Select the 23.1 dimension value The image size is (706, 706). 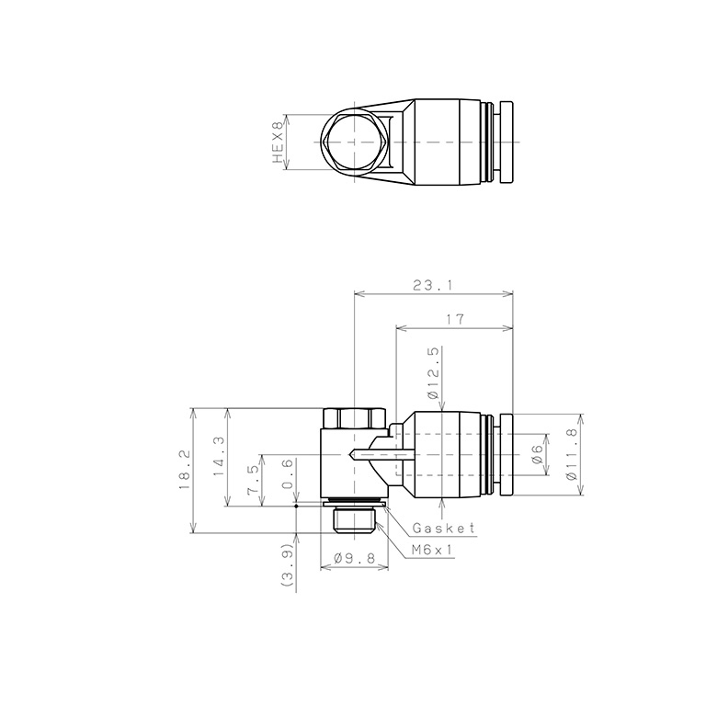[x=433, y=285]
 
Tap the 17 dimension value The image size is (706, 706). [x=455, y=319]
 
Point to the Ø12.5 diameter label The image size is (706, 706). [x=433, y=373]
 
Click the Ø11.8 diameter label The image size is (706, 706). [x=572, y=454]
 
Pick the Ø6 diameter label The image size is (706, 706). [x=536, y=455]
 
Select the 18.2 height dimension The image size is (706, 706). [x=183, y=470]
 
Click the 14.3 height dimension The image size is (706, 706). [x=218, y=457]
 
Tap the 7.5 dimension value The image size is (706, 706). [x=253, y=481]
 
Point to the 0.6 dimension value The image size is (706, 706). [x=288, y=473]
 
